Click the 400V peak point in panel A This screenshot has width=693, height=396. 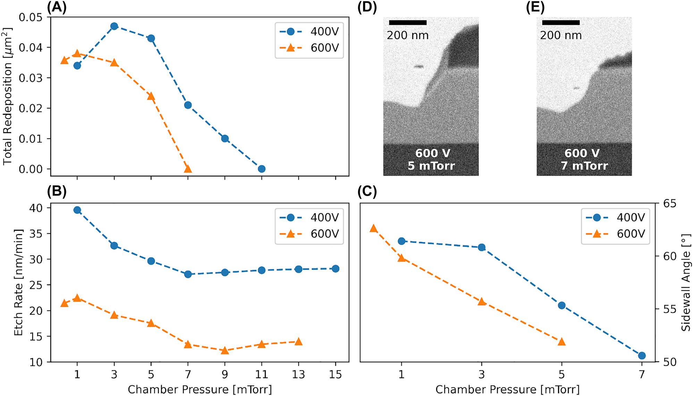[x=114, y=26]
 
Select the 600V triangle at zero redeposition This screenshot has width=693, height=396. [x=188, y=169]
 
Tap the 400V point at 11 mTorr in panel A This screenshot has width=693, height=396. [x=262, y=169]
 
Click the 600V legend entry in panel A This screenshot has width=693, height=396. [x=309, y=48]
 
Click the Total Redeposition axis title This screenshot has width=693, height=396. [x=7, y=96]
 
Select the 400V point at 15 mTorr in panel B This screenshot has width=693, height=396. [x=335, y=269]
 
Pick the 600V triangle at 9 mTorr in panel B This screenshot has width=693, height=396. [x=225, y=351]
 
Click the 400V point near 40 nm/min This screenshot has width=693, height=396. [x=77, y=210]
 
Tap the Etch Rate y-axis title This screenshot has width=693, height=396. [x=18, y=282]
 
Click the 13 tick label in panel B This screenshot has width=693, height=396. [x=298, y=374]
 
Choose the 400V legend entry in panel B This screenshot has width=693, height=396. [x=309, y=218]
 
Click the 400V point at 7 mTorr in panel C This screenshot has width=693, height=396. [x=642, y=355]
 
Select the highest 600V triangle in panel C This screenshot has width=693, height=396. [x=374, y=228]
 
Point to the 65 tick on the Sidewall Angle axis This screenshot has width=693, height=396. [x=670, y=203]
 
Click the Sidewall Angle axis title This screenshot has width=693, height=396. [x=686, y=282]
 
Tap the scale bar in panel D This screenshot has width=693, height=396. [x=408, y=23]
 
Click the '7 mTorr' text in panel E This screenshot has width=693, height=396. [x=584, y=166]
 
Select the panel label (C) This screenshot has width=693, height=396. [x=367, y=192]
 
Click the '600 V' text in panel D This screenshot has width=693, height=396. [x=433, y=153]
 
